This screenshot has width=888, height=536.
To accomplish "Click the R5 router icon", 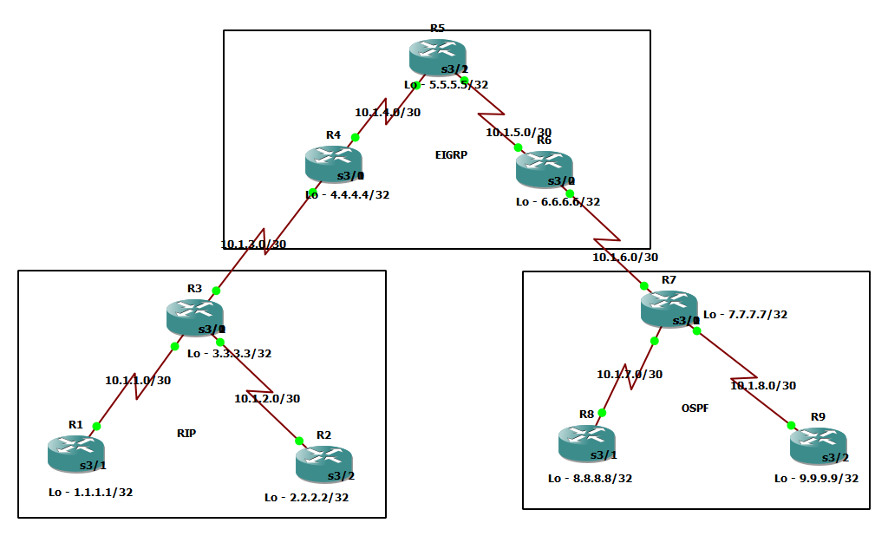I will [x=437, y=57].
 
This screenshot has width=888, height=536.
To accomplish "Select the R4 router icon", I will [x=333, y=164].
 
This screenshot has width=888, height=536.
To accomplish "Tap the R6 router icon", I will [x=544, y=168].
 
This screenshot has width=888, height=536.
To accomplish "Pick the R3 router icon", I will [x=194, y=317].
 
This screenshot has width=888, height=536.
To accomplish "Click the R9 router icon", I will [x=818, y=445].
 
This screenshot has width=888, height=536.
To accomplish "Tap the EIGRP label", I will [x=452, y=155].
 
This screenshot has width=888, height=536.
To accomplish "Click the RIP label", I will [x=186, y=434].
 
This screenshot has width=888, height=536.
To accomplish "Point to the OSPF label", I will [x=695, y=408].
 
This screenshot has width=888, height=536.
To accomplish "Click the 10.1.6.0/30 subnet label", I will [x=625, y=258].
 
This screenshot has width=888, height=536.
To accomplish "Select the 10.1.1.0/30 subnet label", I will [x=138, y=380].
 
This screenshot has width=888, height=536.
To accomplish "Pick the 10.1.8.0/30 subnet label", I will [x=763, y=385].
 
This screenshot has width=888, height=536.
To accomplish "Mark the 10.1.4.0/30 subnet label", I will [x=388, y=113].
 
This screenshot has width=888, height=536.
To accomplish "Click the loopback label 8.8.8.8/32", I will [x=590, y=478].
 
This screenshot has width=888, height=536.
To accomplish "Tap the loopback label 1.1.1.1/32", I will [x=90, y=492].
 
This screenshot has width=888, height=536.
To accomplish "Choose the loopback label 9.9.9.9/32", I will [x=816, y=478].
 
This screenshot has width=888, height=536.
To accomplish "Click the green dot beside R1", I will [x=97, y=426].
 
